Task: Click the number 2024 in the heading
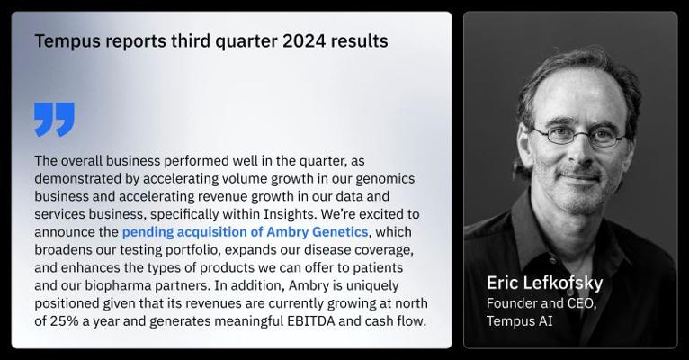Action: pos(304,41)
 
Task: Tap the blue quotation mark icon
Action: pos(54,119)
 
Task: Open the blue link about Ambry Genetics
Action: pos(245,231)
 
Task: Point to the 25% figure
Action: pos(64,321)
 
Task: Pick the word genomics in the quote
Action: pos(385,179)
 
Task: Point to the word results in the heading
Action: pos(360,41)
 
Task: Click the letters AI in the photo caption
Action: pos(545,321)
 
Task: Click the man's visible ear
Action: pos(525,148)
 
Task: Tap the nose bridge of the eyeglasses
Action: pos(581,133)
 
